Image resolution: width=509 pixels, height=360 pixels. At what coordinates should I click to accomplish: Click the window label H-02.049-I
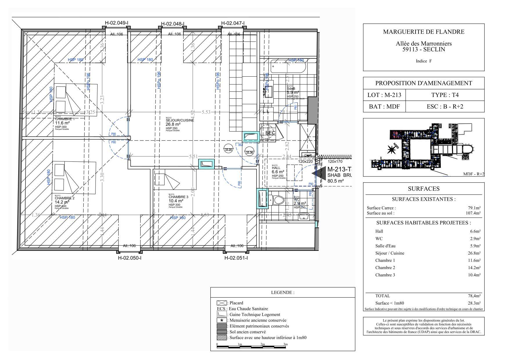117,23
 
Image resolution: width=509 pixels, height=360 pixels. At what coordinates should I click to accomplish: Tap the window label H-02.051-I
236,258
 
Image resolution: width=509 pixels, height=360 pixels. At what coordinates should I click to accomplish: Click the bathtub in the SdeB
288,67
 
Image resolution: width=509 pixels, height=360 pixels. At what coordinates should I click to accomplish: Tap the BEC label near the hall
270,133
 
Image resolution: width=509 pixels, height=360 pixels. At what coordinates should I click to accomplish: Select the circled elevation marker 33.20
229,150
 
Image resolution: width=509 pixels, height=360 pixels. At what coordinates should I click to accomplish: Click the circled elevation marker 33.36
249,152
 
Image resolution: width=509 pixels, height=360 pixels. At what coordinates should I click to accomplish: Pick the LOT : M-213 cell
384,95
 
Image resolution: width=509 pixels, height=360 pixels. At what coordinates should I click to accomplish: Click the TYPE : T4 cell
445,95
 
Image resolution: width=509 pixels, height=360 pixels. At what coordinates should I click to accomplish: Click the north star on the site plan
391,150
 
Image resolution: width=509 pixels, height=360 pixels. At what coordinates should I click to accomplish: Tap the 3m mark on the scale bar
286,345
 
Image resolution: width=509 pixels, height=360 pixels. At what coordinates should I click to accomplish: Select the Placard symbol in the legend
222,303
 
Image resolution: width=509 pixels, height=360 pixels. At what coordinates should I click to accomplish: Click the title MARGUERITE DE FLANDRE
424,32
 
